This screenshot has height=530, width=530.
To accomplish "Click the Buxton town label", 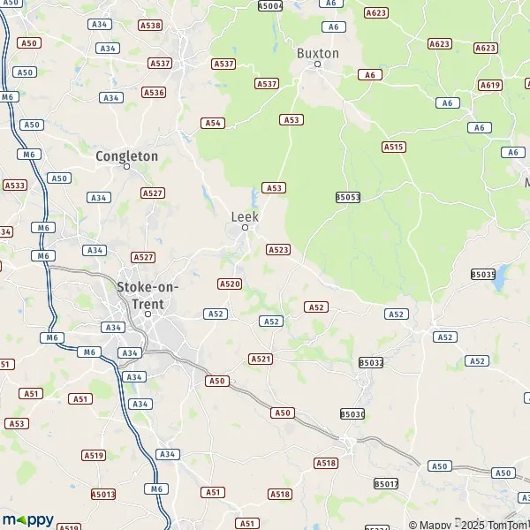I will [317, 53].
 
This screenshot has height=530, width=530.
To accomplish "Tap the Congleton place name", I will [126, 156].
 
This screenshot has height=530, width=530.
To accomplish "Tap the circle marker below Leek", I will [246, 228].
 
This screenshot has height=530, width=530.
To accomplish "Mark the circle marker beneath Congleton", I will [126, 166].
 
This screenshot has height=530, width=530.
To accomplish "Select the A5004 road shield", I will [270, 6].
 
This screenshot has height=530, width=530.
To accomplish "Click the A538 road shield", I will [151, 26].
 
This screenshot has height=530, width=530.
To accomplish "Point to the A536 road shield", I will [154, 92].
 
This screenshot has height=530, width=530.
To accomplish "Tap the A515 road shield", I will [394, 147].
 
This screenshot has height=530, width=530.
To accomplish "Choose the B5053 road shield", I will [348, 197].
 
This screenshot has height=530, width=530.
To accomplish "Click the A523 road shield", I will [277, 250].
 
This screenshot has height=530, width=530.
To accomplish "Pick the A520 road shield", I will [230, 284].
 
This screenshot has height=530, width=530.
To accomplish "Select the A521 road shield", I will [261, 359].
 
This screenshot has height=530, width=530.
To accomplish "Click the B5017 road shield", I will [386, 483].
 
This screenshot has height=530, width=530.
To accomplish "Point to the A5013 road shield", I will [103, 495].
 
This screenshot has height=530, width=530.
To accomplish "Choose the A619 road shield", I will [490, 85].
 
